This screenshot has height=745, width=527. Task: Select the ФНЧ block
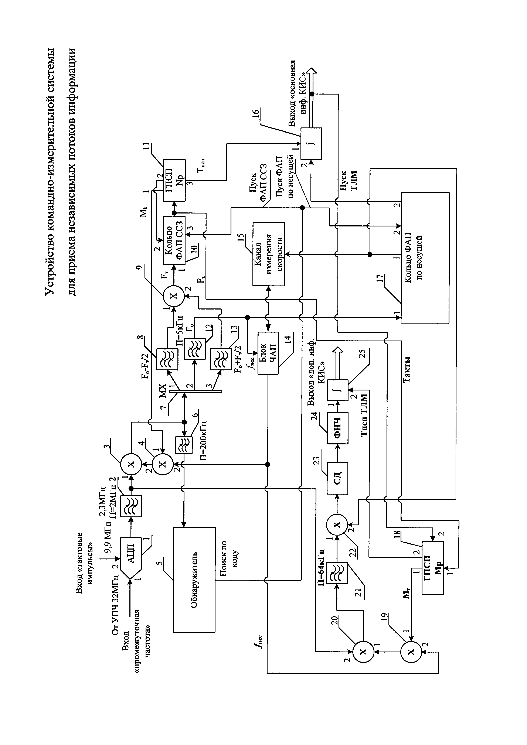pyautogui.click(x=337, y=428)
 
